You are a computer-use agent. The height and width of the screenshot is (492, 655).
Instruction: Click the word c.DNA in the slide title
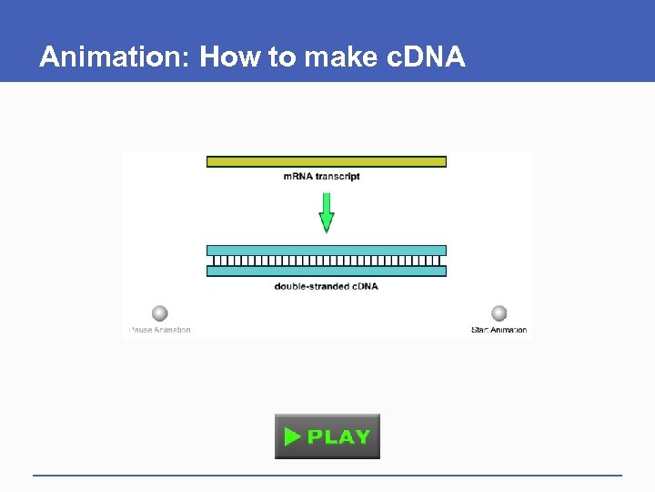pyautogui.click(x=427, y=57)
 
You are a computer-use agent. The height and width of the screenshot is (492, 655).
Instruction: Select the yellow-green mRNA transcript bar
pyautogui.click(x=326, y=161)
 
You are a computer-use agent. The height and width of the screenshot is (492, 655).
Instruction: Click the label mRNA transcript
pyautogui.click(x=321, y=176)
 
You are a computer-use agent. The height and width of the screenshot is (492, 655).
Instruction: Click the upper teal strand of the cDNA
pyautogui.click(x=326, y=251)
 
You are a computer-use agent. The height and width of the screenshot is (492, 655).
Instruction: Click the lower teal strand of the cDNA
pyautogui.click(x=326, y=271)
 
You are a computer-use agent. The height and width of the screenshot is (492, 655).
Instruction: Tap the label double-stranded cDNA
pyautogui.click(x=326, y=286)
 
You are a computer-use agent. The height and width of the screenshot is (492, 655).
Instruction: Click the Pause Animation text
pyautogui.click(x=160, y=330)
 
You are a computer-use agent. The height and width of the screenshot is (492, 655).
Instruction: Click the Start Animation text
pyautogui.click(x=499, y=330)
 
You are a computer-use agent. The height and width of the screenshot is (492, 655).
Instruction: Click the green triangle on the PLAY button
pyautogui.click(x=292, y=436)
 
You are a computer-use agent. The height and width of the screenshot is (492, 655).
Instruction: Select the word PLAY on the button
pyautogui.click(x=338, y=436)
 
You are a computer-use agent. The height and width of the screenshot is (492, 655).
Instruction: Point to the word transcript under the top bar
pyautogui.click(x=338, y=176)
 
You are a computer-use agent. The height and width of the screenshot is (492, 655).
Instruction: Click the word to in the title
pyautogui.click(x=282, y=57)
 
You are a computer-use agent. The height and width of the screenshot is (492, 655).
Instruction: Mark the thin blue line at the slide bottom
pyautogui.click(x=327, y=475)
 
